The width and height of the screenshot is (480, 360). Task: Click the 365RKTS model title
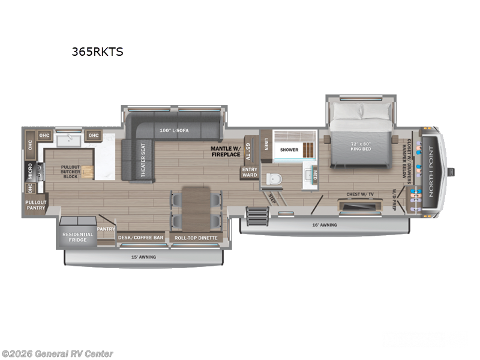pyautogui.click(x=97, y=52)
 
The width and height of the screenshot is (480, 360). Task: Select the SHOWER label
pyautogui.click(x=289, y=151)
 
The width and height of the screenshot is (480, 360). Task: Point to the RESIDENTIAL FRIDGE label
pyautogui.click(x=78, y=237)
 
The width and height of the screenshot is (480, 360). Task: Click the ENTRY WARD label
pyautogui.click(x=250, y=172)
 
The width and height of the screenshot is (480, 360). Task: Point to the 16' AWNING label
pyautogui.click(x=325, y=225)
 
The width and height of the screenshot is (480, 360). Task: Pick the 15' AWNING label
pyautogui.click(x=144, y=257)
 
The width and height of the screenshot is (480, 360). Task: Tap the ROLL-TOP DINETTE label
pyautogui.click(x=196, y=238)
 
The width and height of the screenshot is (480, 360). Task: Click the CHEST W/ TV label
pyautogui.click(x=361, y=194)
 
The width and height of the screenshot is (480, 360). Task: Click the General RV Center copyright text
pyautogui.click(x=58, y=354)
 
